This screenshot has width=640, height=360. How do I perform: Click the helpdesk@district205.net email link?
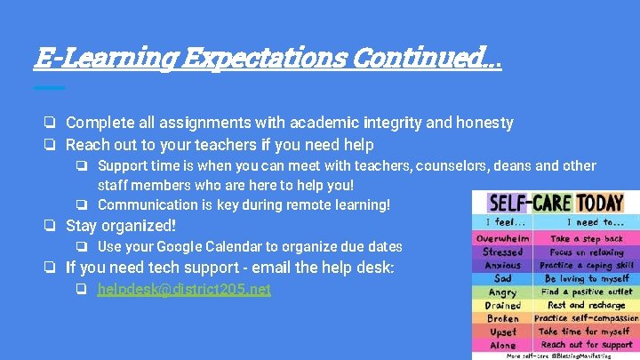tap(184, 289)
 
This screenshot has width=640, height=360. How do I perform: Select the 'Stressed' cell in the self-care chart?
tap(502, 252)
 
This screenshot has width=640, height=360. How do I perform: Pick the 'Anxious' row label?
tap(502, 265)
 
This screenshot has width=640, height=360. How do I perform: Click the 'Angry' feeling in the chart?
tap(502, 292)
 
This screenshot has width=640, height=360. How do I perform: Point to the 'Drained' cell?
tap(502, 305)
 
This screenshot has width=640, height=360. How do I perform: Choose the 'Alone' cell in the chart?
tap(502, 344)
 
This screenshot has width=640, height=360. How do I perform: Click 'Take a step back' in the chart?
tap(586, 238)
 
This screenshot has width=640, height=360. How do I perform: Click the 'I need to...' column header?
tap(586, 222)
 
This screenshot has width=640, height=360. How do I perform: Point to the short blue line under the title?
tap(49, 87)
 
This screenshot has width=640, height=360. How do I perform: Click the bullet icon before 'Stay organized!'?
tap(52, 227)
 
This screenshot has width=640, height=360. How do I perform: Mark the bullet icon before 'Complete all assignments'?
tap(52, 123)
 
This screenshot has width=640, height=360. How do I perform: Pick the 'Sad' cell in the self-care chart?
tap(502, 278)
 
